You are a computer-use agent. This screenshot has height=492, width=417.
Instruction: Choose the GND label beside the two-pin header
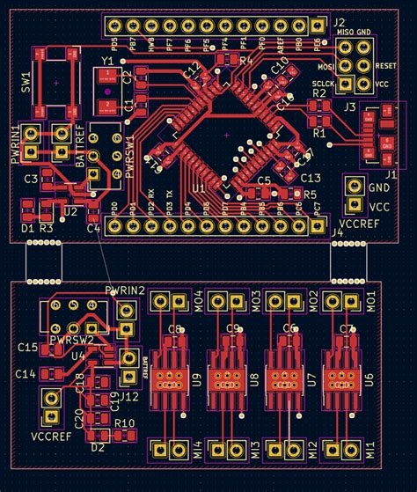(x=380, y=187)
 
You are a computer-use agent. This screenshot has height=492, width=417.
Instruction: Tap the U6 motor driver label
(x=369, y=380)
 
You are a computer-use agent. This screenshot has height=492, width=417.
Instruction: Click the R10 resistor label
(x=124, y=423)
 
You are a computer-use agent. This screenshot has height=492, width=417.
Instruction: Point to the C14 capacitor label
(x=26, y=374)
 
